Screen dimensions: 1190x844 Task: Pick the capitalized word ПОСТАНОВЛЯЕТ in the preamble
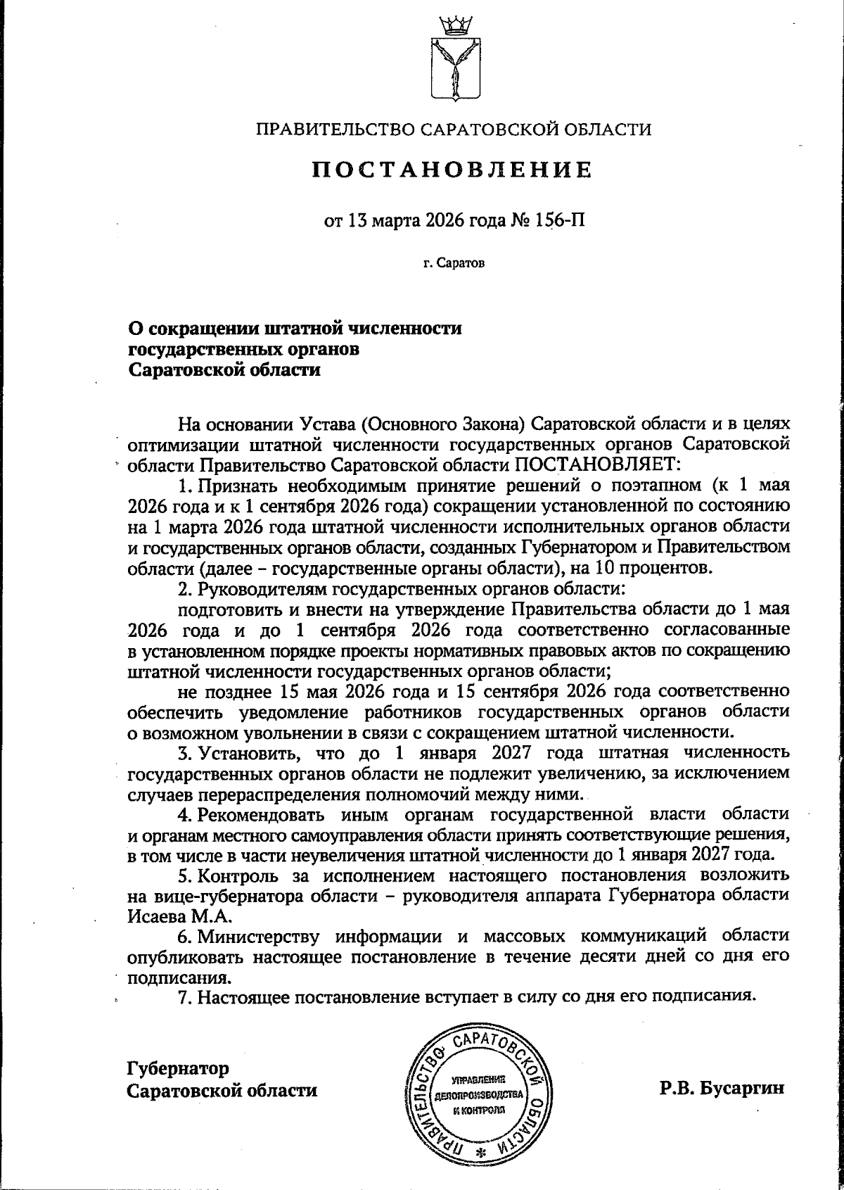tap(598, 464)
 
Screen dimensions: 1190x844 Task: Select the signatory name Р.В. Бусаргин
tap(722, 1089)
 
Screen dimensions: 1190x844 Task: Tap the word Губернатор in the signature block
tap(179, 1068)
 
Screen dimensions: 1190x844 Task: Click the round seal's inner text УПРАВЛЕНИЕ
tap(478, 1080)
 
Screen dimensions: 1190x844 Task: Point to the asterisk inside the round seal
tap(481, 1152)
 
